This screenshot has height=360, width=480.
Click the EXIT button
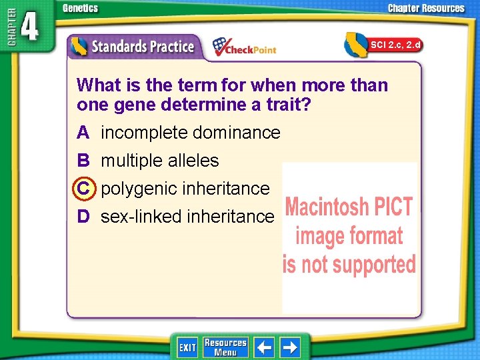pyautogui.click(x=187, y=347)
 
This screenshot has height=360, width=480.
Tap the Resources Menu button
pyautogui.click(x=225, y=347)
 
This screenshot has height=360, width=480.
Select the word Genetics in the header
pyautogui.click(x=80, y=8)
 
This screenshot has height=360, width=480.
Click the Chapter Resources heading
pyautogui.click(x=426, y=8)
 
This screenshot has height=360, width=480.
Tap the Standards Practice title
pyautogui.click(x=143, y=47)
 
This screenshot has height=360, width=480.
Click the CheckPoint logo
pyautogui.click(x=244, y=47)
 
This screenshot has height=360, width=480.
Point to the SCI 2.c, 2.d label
pyautogui.click(x=395, y=45)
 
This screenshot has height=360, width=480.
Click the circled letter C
pyautogui.click(x=83, y=189)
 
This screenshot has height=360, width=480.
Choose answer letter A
pyautogui.click(x=83, y=133)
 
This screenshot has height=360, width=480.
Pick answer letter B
pyautogui.click(x=83, y=161)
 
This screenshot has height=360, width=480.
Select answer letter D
pyautogui.click(x=83, y=216)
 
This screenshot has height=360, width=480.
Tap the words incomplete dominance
pyautogui.click(x=191, y=133)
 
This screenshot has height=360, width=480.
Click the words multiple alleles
pyautogui.click(x=159, y=161)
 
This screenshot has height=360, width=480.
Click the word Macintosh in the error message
pyautogui.click(x=325, y=208)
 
